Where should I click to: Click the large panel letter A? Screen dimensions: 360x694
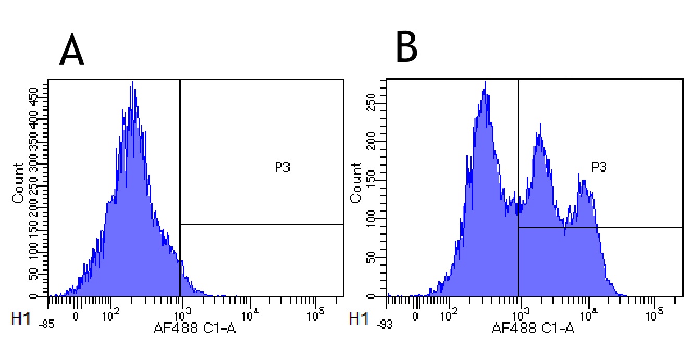[71, 52]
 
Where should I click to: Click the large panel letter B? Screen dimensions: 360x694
[406, 47]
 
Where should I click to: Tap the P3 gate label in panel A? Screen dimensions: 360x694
[282, 167]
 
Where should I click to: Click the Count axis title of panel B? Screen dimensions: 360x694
[356, 183]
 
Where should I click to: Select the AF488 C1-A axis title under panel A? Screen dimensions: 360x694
[195, 328]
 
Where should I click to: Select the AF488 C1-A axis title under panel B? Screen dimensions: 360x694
[533, 328]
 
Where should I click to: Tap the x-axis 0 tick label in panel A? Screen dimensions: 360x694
[77, 315]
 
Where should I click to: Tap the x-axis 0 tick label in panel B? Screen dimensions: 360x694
[415, 315]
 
